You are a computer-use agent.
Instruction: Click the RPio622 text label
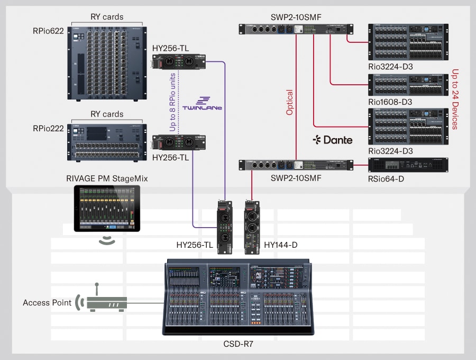[48, 31]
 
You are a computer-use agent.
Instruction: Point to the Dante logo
[332, 140]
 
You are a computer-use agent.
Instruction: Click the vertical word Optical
[289, 102]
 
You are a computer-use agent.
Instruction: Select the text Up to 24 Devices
[454, 99]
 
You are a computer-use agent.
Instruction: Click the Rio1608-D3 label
[390, 102]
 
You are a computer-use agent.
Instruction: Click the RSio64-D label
[386, 178]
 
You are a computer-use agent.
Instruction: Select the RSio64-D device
[408, 165]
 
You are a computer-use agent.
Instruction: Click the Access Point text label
[47, 303]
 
